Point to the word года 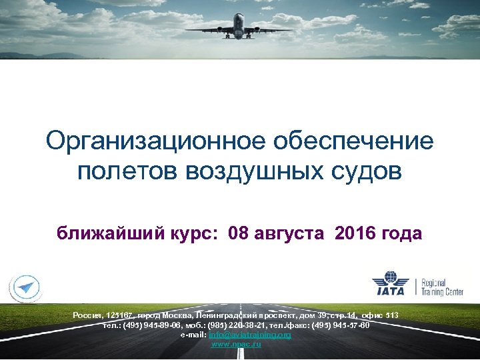tap(403, 233)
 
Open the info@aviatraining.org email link tap(249, 335)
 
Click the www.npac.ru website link tap(236, 344)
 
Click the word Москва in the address tap(175, 314)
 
